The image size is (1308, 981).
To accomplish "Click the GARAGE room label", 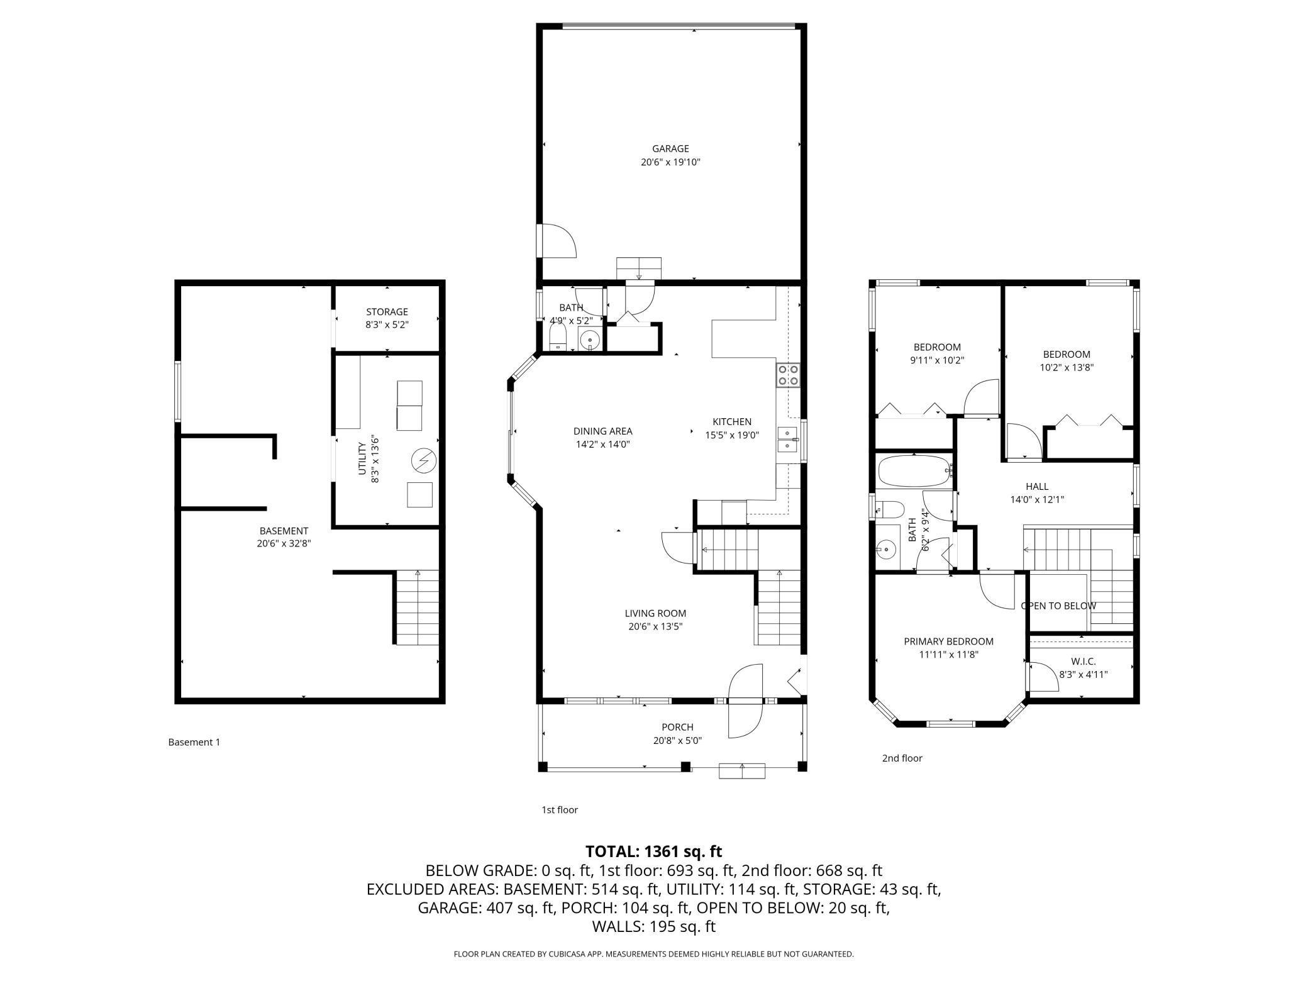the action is click(670, 149).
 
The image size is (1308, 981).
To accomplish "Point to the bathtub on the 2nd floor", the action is click(915, 471).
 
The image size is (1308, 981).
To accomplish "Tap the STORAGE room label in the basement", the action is click(387, 312).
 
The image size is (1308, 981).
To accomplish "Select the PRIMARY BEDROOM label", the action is click(948, 641).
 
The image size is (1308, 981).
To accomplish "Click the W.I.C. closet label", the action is click(1084, 662).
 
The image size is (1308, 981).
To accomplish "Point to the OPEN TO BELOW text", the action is click(1058, 606).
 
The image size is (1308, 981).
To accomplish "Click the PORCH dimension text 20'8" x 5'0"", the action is click(677, 741).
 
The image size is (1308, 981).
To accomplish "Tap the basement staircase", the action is click(417, 607).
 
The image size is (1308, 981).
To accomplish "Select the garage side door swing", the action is click(559, 240).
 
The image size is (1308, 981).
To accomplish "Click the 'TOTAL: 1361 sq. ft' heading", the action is click(654, 851).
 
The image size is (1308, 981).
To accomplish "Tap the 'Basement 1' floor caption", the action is click(194, 742).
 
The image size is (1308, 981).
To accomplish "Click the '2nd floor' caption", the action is click(902, 758).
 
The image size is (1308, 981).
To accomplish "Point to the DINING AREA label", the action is click(602, 431).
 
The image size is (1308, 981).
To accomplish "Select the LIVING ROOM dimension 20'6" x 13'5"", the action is click(655, 626).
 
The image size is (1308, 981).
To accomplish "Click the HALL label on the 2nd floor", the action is click(1037, 486).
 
